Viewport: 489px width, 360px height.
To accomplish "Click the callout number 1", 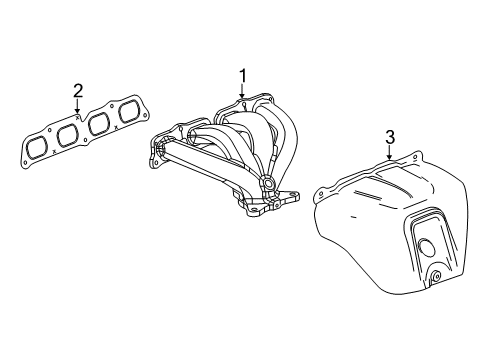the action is (241, 75).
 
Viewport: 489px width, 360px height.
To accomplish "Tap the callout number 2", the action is (78, 93).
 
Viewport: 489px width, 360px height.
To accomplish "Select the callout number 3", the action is (390, 137).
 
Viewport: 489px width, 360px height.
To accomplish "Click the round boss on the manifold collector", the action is (268, 183).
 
